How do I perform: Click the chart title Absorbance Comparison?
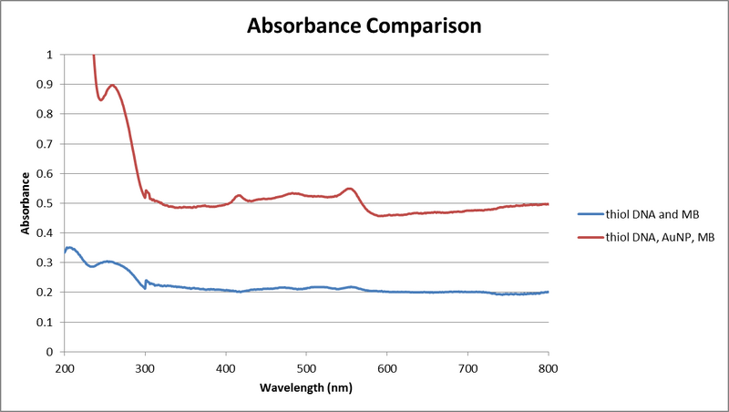click(364, 26)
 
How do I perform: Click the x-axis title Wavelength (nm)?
click(305, 386)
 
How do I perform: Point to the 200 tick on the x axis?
click(64, 367)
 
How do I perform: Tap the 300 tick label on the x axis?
click(145, 367)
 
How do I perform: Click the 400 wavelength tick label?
click(225, 367)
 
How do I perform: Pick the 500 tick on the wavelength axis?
click(306, 367)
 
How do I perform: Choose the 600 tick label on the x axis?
click(386, 367)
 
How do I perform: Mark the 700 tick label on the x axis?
click(467, 367)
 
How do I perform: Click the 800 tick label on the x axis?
click(548, 367)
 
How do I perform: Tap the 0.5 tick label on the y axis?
click(46, 203)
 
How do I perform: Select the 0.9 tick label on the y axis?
click(46, 85)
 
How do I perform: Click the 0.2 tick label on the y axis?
click(46, 293)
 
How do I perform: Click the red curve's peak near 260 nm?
click(112, 86)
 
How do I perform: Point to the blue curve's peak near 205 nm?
click(69, 247)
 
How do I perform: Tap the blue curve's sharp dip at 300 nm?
click(144, 289)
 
